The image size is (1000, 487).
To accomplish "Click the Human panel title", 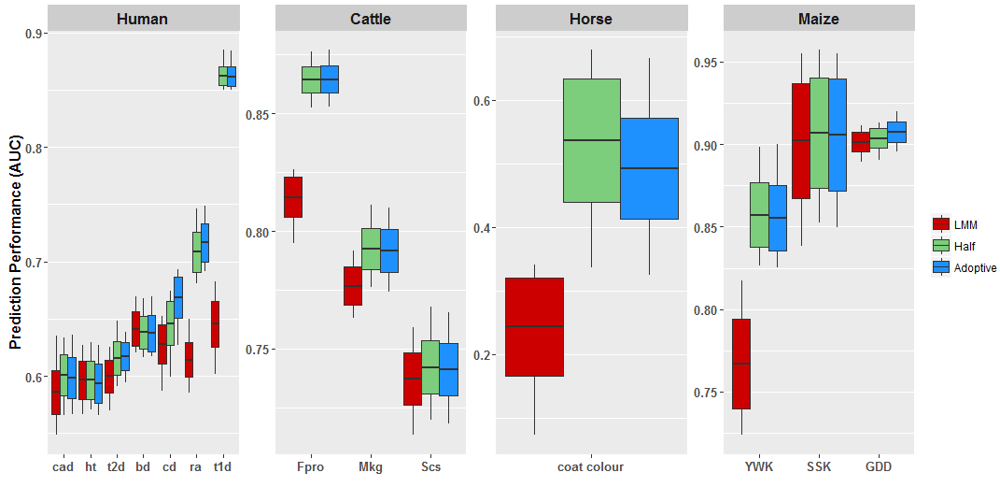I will click(x=142, y=19).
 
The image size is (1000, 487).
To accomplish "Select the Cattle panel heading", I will click(x=371, y=19).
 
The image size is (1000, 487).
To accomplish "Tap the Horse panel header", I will click(x=591, y=19).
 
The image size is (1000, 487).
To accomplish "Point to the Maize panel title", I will click(x=819, y=19).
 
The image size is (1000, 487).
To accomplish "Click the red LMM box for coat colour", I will click(x=534, y=327).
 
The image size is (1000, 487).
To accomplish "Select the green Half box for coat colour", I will click(x=592, y=140).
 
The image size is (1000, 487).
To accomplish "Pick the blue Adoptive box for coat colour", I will click(x=649, y=168).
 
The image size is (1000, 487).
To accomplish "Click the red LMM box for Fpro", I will click(x=293, y=196).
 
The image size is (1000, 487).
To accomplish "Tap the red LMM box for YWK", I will click(x=741, y=364).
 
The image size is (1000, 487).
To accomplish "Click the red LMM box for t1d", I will click(x=215, y=324).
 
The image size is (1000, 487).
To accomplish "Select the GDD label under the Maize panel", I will click(x=878, y=467).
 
